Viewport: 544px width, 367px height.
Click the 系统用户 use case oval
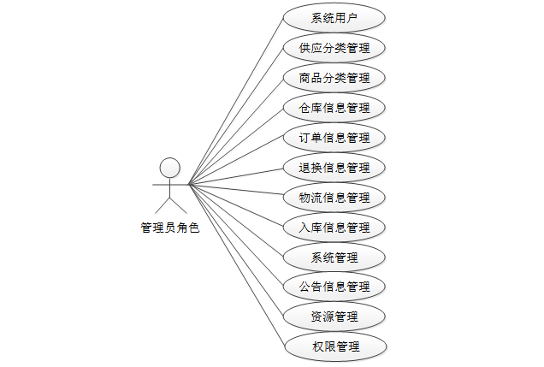point(334,17)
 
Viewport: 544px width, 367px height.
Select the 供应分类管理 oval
point(334,47)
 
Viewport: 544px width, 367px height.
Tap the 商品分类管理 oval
point(334,78)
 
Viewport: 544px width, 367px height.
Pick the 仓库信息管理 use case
point(334,108)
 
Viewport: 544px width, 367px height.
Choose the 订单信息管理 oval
point(334,138)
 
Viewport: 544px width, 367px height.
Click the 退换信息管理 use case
point(334,168)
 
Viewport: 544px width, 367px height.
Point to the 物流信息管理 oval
point(334,198)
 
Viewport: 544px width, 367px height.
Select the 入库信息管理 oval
point(334,228)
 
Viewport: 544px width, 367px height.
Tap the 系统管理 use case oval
point(334,257)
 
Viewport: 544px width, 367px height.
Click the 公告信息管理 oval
point(334,287)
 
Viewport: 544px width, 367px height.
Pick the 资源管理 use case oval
point(334,317)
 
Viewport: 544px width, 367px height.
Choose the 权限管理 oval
point(334,346)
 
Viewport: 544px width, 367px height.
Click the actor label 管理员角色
point(169,228)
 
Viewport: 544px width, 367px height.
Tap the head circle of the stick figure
point(169,166)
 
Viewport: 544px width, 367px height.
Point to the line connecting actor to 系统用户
point(235,101)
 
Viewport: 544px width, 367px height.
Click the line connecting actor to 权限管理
point(235,265)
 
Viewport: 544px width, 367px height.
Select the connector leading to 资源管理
point(235,250)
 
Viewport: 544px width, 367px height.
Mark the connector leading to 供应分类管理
point(235,115)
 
